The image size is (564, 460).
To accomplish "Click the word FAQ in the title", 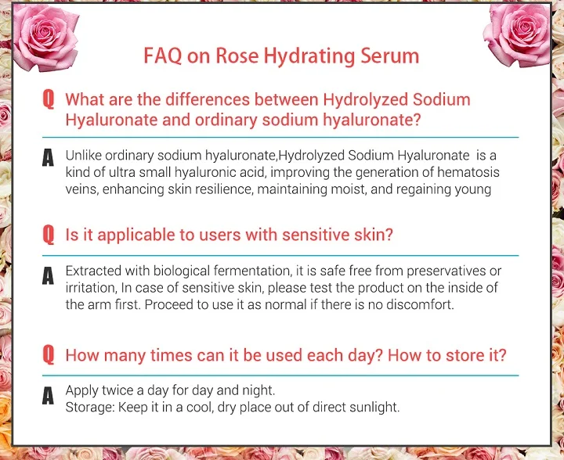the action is point(163,56).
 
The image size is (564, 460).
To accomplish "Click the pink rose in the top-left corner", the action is point(45,37).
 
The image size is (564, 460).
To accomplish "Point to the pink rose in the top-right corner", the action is point(518,34).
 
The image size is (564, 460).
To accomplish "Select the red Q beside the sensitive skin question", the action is point(49,235).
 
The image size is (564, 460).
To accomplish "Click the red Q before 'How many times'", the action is point(49,355).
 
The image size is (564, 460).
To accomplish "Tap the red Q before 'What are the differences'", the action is point(49,99).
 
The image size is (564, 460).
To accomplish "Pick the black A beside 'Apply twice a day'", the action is point(48,396).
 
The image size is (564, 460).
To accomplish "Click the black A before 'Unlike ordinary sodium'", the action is point(48,158).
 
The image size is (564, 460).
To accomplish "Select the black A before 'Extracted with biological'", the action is point(48,276).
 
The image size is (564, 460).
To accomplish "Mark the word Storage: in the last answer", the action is point(90,408).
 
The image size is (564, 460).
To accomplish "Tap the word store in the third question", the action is point(465,355).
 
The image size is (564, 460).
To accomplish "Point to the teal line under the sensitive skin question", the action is point(280,256).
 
